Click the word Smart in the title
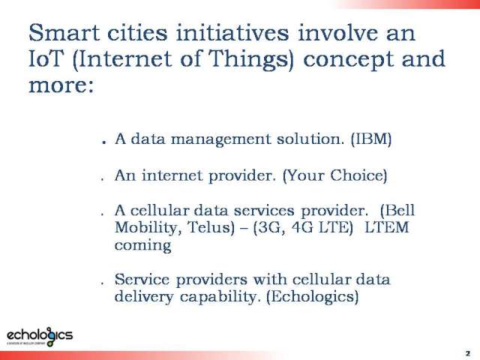[x=64, y=32]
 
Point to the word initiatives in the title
[x=232, y=32]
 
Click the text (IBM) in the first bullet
[x=371, y=139]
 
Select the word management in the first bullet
[x=220, y=140]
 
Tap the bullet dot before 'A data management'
[x=104, y=142]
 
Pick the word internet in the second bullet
[x=172, y=175]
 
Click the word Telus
[x=211, y=227]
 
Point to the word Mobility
[x=148, y=228]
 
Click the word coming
[x=142, y=246]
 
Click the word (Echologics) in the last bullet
[x=313, y=296]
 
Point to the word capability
[x=220, y=297]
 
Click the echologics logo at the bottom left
[x=40, y=336]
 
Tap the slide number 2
[x=467, y=353]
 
